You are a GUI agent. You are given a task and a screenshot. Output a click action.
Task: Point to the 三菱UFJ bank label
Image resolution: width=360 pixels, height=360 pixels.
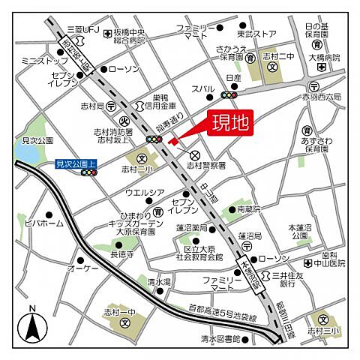point(83,29)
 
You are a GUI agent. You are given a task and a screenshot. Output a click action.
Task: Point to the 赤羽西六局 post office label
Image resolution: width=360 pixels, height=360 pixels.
point(323,97)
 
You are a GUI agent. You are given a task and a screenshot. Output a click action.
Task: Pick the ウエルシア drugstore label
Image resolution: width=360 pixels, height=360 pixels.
point(145,193)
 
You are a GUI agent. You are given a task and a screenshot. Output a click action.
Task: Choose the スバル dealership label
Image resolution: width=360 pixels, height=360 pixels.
point(202,88)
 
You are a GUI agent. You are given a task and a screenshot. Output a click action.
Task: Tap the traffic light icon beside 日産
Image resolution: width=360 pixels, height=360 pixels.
point(229,94)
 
